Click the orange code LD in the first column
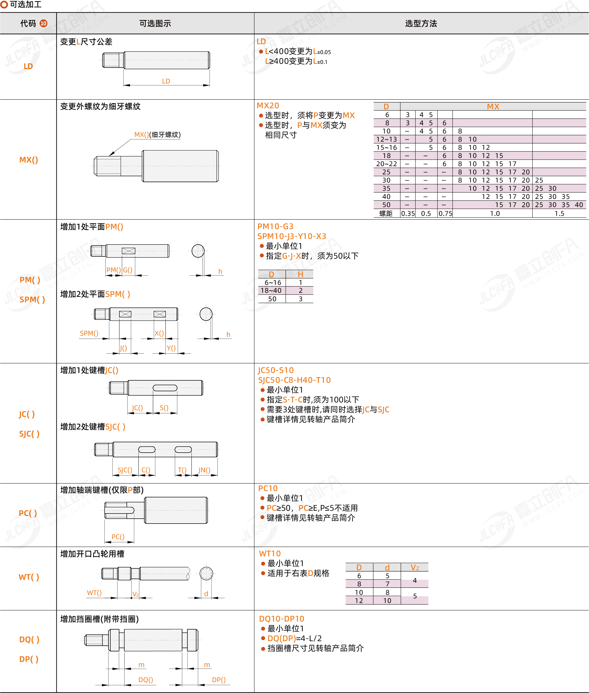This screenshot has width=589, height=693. pos(28,66)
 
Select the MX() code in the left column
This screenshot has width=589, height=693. pos(29,160)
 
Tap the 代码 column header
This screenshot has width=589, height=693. pos(28,23)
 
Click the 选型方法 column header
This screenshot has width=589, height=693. pos(421,23)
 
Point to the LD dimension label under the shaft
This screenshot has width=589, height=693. pos(166,81)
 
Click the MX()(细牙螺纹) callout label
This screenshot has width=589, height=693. pos(157,135)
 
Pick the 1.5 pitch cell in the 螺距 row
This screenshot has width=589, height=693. pos(559,213)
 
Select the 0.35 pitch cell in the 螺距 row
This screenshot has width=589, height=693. pos(408,213)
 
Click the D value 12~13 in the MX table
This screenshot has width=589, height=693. pos(387,139)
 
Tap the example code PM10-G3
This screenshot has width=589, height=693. pos(275,226)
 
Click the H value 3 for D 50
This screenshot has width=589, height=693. pos(301,299)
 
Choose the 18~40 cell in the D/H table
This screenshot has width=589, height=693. pos(271,291)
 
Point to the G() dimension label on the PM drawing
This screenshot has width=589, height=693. pos(128,270)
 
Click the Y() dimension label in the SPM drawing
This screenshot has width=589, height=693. pos(171,348)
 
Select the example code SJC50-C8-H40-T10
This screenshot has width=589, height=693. pos(294,380)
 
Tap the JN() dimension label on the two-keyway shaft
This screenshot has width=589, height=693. pos(204,470)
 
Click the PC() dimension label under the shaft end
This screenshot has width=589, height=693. pos(118,537)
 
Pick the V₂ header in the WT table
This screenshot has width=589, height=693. pos(415,567)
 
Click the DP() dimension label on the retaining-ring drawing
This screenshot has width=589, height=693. pos(219,680)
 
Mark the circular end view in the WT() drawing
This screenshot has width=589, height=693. pos(206,573)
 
